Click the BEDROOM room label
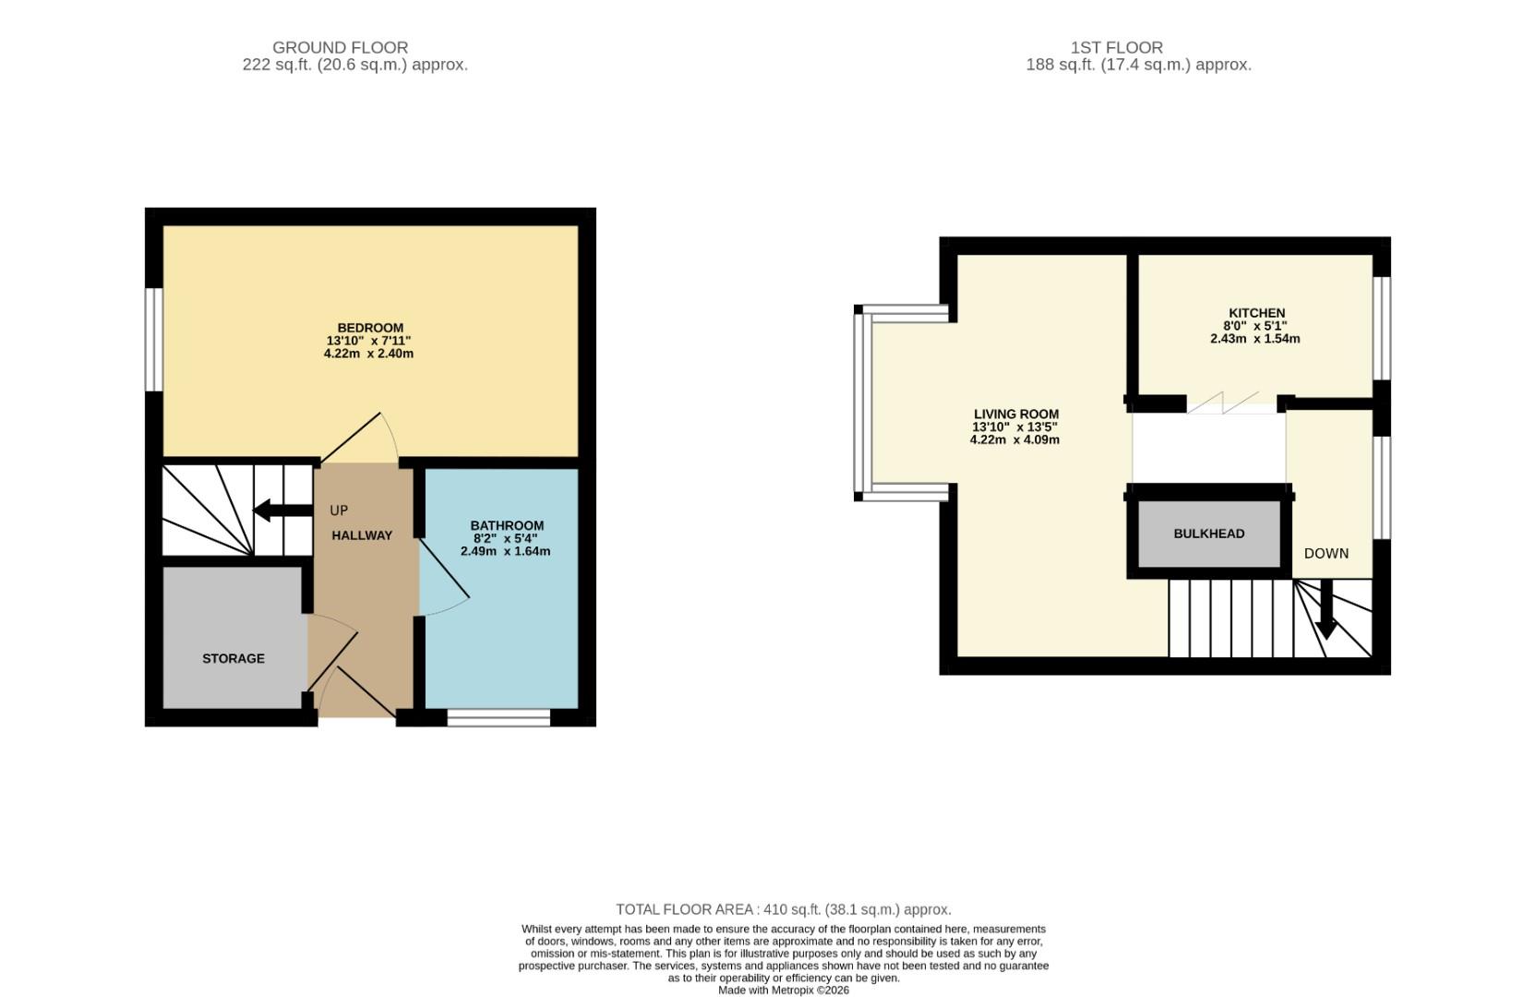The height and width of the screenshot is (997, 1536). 370,328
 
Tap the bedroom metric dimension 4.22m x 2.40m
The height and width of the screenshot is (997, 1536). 368,354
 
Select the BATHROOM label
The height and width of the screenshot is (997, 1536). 507,525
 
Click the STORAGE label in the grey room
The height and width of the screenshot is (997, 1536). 234,658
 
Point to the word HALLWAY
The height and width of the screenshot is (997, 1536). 362,535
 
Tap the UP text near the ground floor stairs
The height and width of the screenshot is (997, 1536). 339,511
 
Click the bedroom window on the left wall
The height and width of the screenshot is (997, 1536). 153,339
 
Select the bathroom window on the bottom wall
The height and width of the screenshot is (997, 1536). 498,717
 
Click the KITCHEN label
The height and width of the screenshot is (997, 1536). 1256,313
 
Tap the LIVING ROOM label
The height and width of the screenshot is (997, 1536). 1016,414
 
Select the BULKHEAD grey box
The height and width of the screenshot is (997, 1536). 1208,534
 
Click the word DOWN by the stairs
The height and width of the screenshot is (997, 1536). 1326,554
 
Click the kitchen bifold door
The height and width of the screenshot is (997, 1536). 1223,402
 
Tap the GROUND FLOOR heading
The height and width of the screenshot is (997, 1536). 340,47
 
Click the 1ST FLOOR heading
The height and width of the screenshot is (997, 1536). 1116,47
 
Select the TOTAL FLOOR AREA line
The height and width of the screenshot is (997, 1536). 783,909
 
